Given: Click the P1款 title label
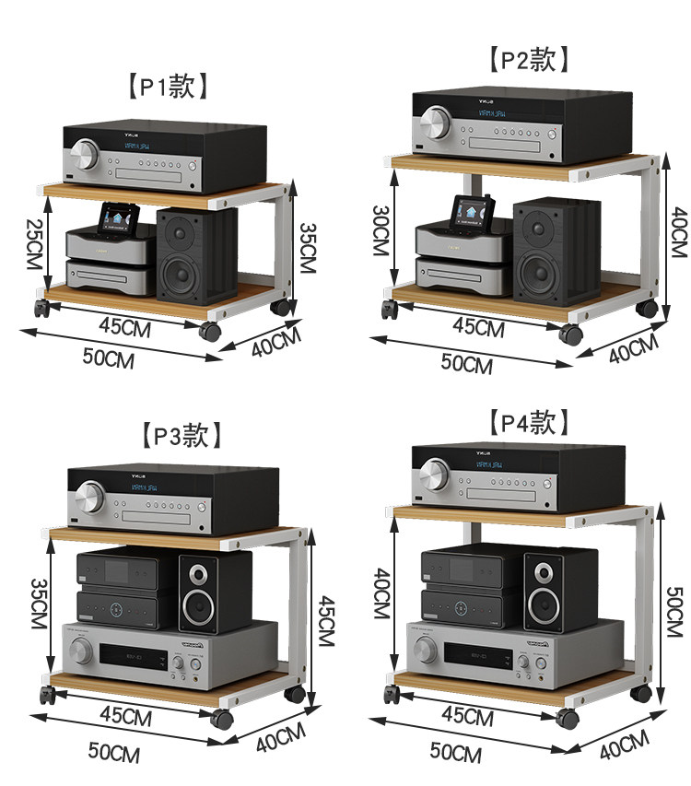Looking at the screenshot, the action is coord(167,87).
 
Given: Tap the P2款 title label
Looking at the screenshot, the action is coord(528,60).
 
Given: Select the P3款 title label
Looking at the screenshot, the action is coord(182,434).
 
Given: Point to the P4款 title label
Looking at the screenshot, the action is coord(528,422).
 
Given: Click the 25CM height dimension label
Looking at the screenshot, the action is coord(33,246).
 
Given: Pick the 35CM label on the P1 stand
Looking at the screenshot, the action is coord(310,249).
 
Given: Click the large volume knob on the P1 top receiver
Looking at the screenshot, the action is coord(87,154).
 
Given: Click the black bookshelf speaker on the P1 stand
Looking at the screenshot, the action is coord(196,256).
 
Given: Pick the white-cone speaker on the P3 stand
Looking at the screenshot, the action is coord(214,592).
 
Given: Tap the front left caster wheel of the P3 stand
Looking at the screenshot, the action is coord(43,694).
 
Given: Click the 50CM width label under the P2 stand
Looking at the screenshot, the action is coord(466,363).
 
